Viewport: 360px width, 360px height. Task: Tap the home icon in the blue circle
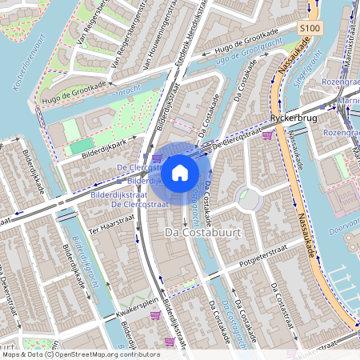tap(180, 171)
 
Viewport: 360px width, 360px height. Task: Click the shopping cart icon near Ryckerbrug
tap(266, 135)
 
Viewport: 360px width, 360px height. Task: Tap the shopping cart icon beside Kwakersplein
tap(154, 314)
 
